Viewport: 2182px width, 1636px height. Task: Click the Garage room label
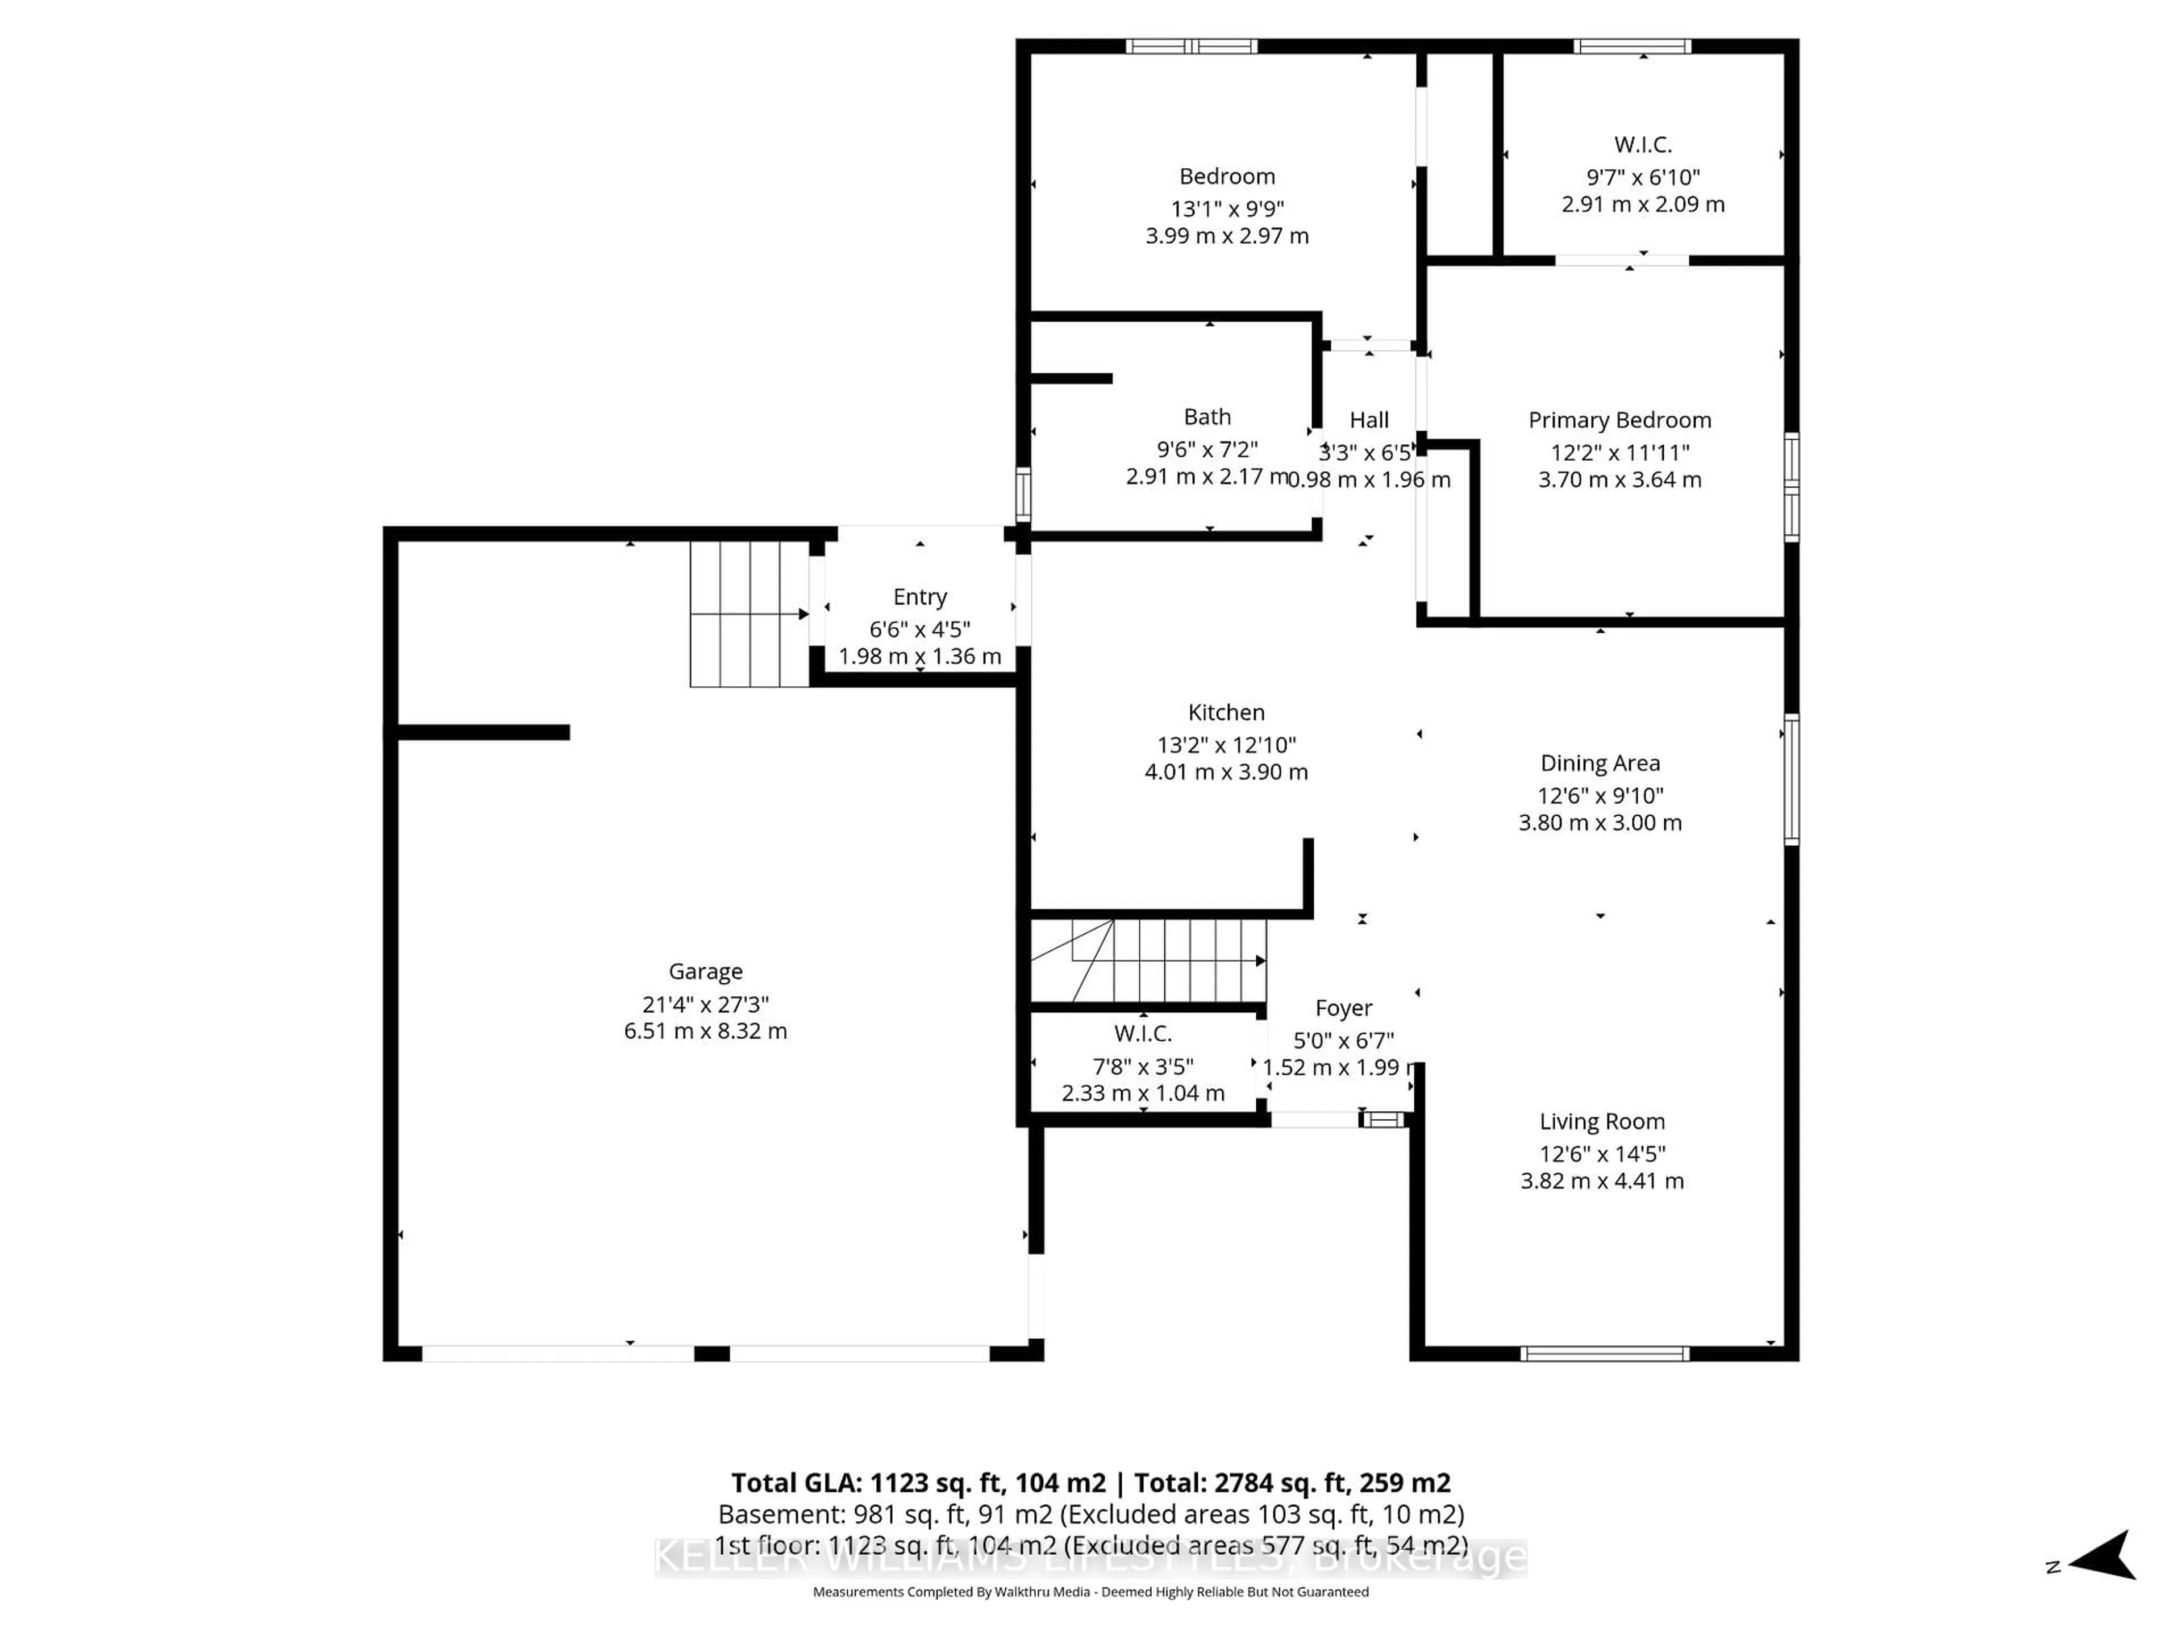[705, 971]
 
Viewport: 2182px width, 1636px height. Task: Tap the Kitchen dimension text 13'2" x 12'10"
[1226, 745]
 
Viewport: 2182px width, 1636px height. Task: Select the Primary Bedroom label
[1619, 420]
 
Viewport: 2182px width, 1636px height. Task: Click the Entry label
[919, 596]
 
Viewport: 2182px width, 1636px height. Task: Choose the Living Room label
[1602, 1121]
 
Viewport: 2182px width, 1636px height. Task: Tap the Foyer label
[1343, 1008]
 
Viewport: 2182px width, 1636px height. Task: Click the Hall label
[1369, 420]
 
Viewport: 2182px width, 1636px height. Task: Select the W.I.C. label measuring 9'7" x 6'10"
[1642, 145]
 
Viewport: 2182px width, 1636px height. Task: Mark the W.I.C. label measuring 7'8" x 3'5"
[1142, 1033]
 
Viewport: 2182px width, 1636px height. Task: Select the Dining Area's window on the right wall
[1792, 779]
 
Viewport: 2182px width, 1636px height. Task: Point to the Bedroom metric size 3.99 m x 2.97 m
[1226, 236]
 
